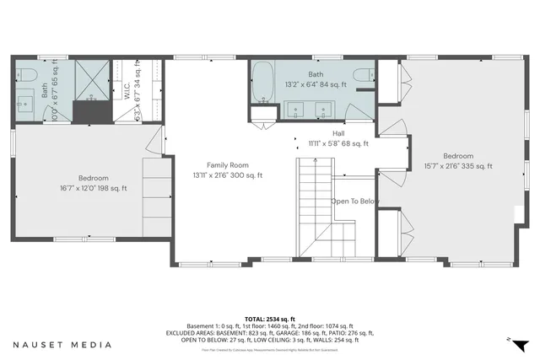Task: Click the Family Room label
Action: point(228,164)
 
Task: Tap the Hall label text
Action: point(338,133)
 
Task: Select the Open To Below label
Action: point(354,201)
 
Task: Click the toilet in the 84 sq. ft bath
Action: point(364,77)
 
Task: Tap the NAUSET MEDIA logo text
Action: point(62,344)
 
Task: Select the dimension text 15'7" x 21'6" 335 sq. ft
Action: point(459,166)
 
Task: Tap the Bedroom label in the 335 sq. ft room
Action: point(459,156)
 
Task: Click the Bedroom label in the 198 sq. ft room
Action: point(93,178)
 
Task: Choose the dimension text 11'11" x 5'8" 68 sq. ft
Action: point(338,143)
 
